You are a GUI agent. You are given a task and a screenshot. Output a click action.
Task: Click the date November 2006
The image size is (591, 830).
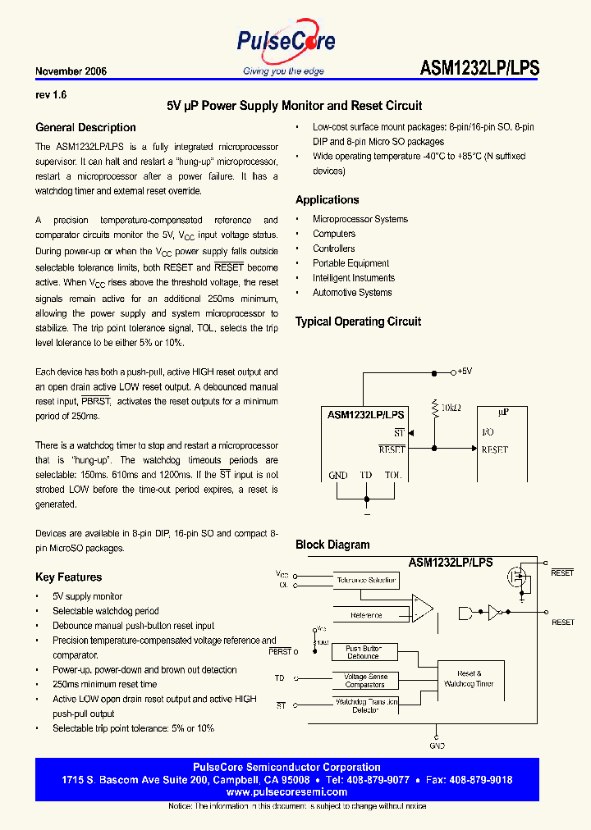pyautogui.click(x=71, y=71)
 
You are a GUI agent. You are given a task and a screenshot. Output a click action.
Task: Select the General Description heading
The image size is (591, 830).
pyautogui.click(x=85, y=127)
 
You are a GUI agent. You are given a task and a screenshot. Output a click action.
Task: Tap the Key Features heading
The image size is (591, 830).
pyautogui.click(x=68, y=577)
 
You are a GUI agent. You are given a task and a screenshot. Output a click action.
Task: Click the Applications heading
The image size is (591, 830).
pyautogui.click(x=327, y=199)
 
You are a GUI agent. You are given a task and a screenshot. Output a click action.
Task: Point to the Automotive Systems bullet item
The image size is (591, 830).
pyautogui.click(x=352, y=293)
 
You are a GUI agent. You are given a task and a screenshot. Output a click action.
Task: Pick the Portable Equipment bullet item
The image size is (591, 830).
pyautogui.click(x=350, y=263)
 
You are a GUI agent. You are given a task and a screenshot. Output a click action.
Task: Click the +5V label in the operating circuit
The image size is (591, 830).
pyautogui.click(x=464, y=372)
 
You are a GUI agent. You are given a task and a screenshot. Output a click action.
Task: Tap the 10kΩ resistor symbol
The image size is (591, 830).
pyautogui.click(x=433, y=407)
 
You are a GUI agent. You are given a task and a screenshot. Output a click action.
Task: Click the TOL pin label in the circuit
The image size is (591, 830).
pyautogui.click(x=393, y=475)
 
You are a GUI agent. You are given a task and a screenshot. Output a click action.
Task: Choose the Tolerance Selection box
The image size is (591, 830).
pyautogui.click(x=365, y=580)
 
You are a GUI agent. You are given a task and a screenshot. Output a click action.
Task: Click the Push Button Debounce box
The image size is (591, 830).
pyautogui.click(x=363, y=652)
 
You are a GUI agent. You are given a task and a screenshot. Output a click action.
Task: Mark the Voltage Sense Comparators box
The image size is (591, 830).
pyautogui.click(x=364, y=680)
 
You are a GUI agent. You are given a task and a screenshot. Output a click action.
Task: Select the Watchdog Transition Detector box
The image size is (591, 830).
pyautogui.click(x=365, y=705)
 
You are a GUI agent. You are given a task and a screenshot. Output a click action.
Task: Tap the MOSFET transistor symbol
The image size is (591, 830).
pyautogui.click(x=519, y=577)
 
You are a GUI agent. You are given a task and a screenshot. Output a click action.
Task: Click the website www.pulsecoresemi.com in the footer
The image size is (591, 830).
pyautogui.click(x=286, y=792)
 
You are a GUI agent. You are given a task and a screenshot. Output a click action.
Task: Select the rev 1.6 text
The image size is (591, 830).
pyautogui.click(x=51, y=95)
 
